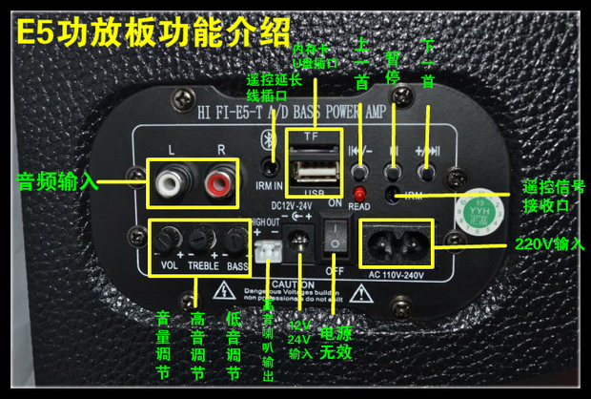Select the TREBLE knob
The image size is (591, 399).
pyautogui.click(x=199, y=239)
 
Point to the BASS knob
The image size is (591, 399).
pyautogui.click(x=234, y=239)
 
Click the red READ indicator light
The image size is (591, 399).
pyautogui.click(x=360, y=195)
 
